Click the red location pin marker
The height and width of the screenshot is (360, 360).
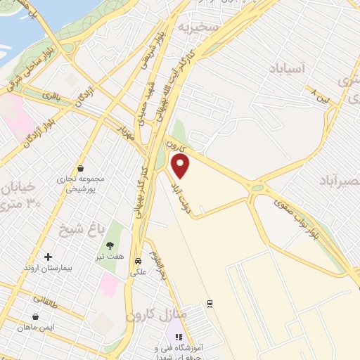point(181,167)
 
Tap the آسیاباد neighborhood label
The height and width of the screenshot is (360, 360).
point(288,68)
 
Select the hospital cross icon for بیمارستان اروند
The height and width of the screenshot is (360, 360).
point(48,257)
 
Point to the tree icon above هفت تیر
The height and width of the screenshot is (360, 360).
point(110,245)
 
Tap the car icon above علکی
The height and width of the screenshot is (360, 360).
point(139,258)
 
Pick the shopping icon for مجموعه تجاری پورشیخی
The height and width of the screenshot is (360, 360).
point(82,168)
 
